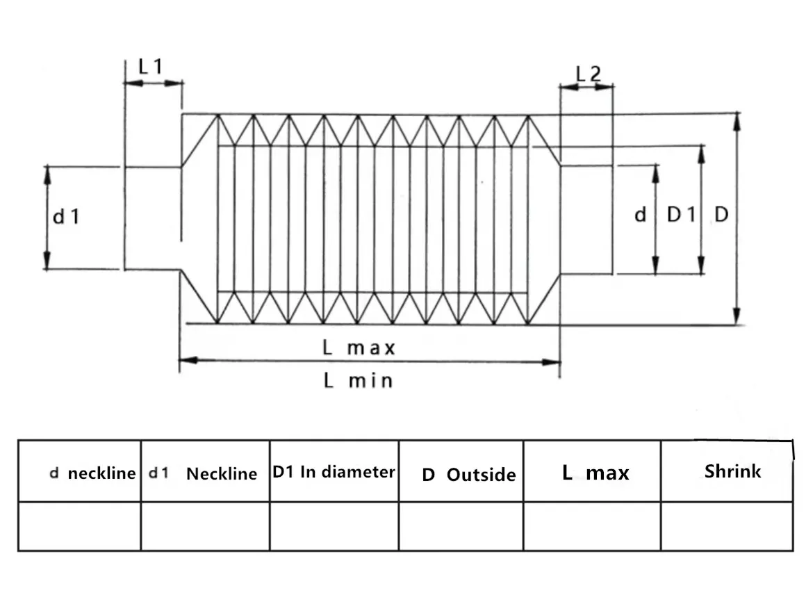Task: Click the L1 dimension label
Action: (150, 67)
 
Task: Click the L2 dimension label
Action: (589, 73)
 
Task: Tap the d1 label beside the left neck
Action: (67, 217)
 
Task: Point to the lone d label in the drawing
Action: (640, 215)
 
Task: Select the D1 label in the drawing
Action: (681, 215)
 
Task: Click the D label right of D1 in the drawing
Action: (721, 215)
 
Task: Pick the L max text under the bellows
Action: (359, 348)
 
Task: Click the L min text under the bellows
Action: (358, 381)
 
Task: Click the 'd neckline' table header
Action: (92, 473)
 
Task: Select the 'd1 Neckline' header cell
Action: (204, 474)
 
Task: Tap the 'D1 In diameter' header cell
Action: (334, 472)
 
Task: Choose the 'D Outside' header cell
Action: (468, 475)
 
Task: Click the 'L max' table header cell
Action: (595, 473)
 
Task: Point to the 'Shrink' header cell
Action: (732, 471)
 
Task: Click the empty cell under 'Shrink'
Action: (726, 526)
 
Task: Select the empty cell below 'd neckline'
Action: (79, 526)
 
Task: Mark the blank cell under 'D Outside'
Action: (461, 526)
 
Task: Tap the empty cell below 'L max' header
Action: (591, 526)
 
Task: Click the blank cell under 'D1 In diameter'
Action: (334, 526)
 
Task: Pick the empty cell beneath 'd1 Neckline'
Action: (205, 526)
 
